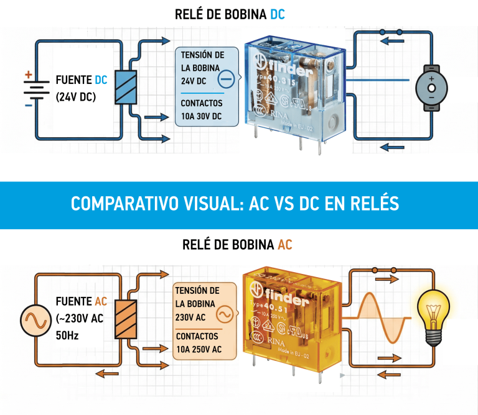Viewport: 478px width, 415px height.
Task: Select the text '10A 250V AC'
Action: [x=199, y=349]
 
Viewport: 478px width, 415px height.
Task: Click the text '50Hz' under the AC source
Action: [x=67, y=336]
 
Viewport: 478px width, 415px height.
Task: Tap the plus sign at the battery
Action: [x=28, y=75]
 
